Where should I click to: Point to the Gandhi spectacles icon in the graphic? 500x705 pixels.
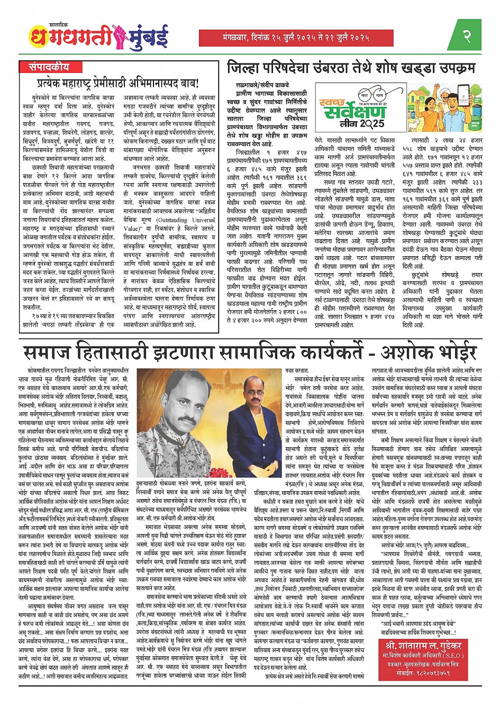370,96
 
